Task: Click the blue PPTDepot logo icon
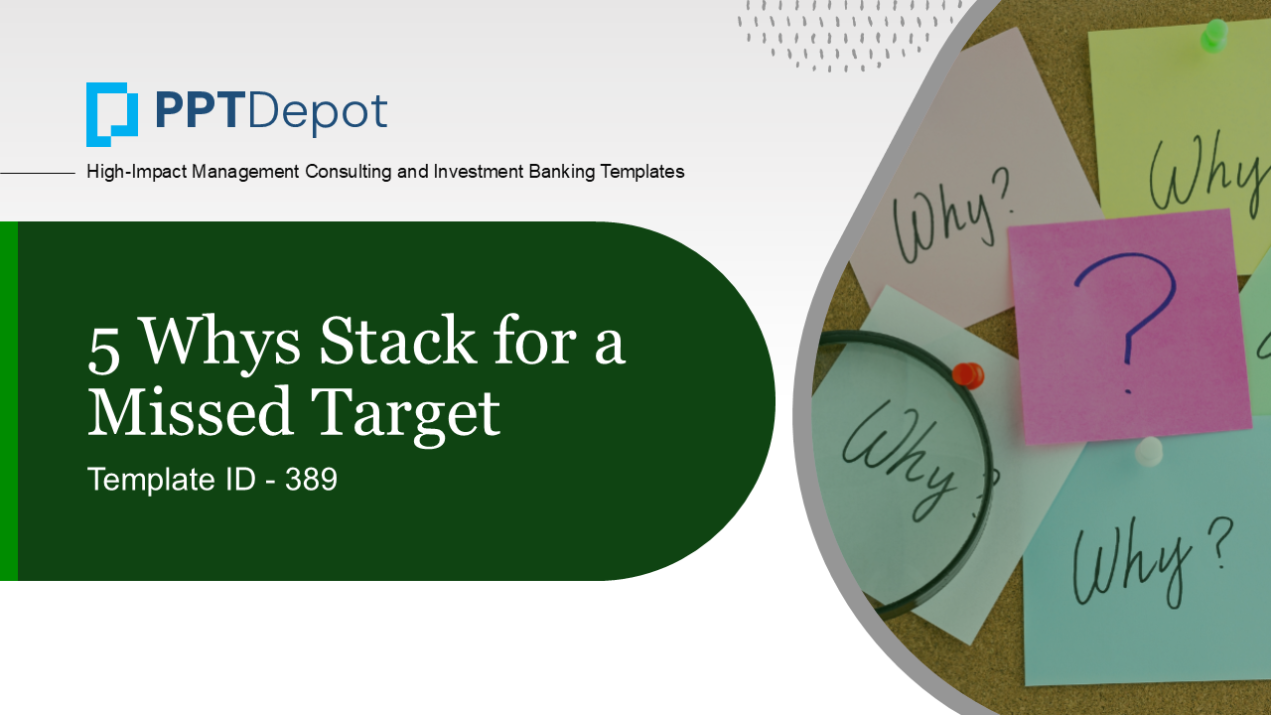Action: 111,114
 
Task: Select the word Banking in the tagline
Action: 564,172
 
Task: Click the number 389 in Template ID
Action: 311,481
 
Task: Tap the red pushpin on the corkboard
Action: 967,375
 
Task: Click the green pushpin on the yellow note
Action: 1213,36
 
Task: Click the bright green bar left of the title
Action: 8,401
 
